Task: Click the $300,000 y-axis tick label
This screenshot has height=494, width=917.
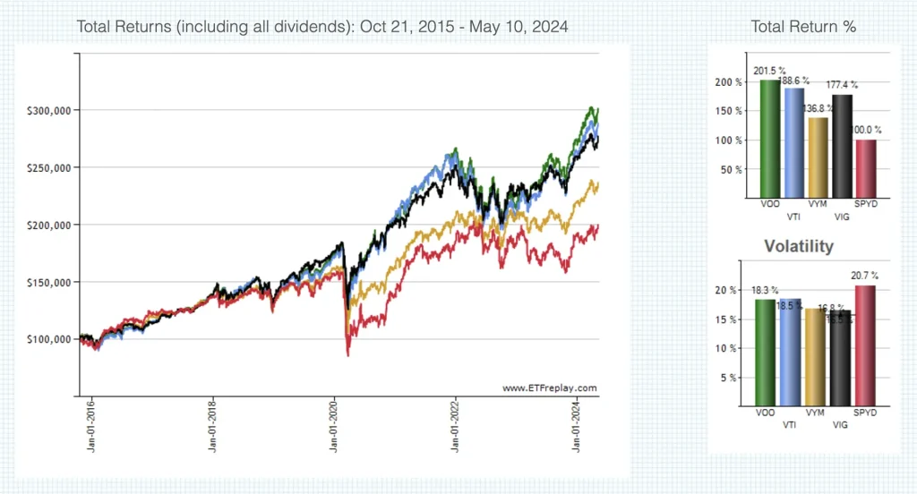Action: [50, 110]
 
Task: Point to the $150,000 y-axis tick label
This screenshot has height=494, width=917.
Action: [50, 282]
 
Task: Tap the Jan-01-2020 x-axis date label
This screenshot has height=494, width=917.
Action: [333, 430]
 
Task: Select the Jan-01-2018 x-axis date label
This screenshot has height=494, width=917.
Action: [212, 430]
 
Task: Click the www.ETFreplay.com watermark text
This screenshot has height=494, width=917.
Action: [549, 388]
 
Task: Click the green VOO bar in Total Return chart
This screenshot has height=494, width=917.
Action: [769, 139]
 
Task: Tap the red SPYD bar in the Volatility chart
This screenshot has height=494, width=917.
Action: [865, 345]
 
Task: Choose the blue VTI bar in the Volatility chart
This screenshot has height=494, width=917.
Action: [791, 352]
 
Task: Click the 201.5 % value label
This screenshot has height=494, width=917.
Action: [770, 71]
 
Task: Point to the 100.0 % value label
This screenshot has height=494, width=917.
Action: [866, 130]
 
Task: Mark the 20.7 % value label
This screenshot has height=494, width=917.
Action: [864, 276]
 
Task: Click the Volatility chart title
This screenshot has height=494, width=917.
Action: [798, 245]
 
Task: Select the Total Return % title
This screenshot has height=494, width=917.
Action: [803, 27]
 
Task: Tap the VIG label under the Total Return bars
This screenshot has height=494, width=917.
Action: [840, 216]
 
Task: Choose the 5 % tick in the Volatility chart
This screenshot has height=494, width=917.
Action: [732, 377]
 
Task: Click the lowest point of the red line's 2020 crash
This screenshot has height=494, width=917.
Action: [347, 356]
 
